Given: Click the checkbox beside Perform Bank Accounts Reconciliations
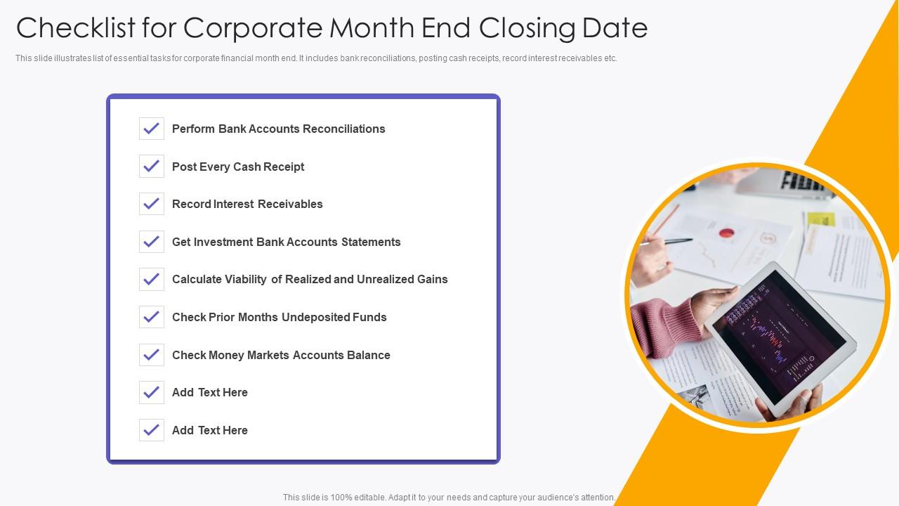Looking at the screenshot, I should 152,129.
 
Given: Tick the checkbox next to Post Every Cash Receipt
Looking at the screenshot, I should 152,167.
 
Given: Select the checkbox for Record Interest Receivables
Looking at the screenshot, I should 152,205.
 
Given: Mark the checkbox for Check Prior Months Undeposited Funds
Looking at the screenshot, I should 152,318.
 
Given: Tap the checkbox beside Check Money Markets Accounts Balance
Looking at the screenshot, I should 152,355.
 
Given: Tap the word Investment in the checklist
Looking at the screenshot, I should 223,242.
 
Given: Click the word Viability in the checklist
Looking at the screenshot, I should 245,280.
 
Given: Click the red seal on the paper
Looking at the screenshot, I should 726,233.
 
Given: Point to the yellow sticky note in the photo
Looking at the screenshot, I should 820,219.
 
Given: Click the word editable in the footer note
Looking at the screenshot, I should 381,498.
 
